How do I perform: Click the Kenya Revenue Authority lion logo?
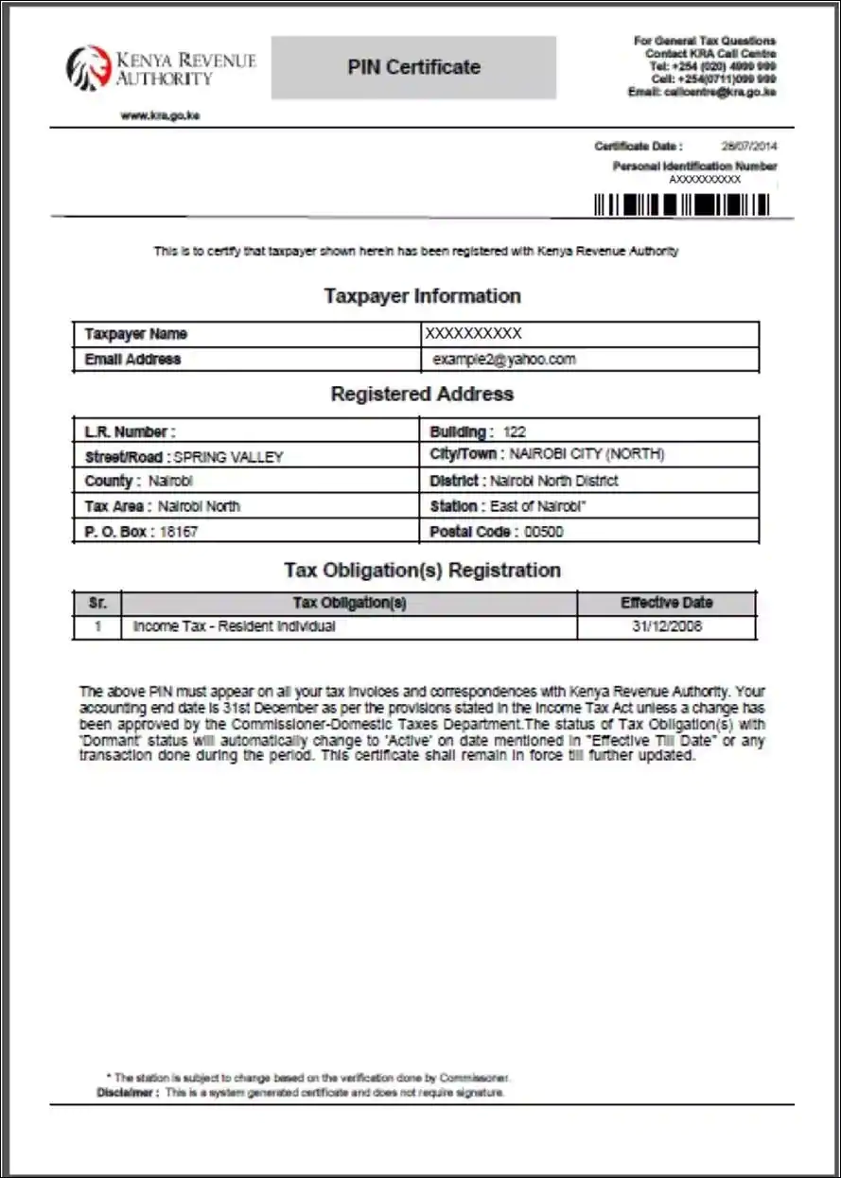point(89,68)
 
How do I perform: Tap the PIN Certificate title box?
point(413,67)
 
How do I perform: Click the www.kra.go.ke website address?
point(161,115)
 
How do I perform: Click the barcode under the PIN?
point(681,204)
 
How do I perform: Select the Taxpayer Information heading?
point(422,296)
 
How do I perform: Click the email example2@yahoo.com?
point(504,360)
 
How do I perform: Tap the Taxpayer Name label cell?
point(136,334)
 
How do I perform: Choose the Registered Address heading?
point(422,394)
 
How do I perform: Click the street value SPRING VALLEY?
point(229,457)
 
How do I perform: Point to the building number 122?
point(515,431)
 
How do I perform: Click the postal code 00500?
point(544,532)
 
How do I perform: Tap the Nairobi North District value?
point(553,481)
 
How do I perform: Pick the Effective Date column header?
point(667,603)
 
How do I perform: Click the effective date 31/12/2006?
point(667,626)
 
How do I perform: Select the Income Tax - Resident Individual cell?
point(235,626)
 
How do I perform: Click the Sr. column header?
point(97,603)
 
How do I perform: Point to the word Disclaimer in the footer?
point(127,1093)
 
